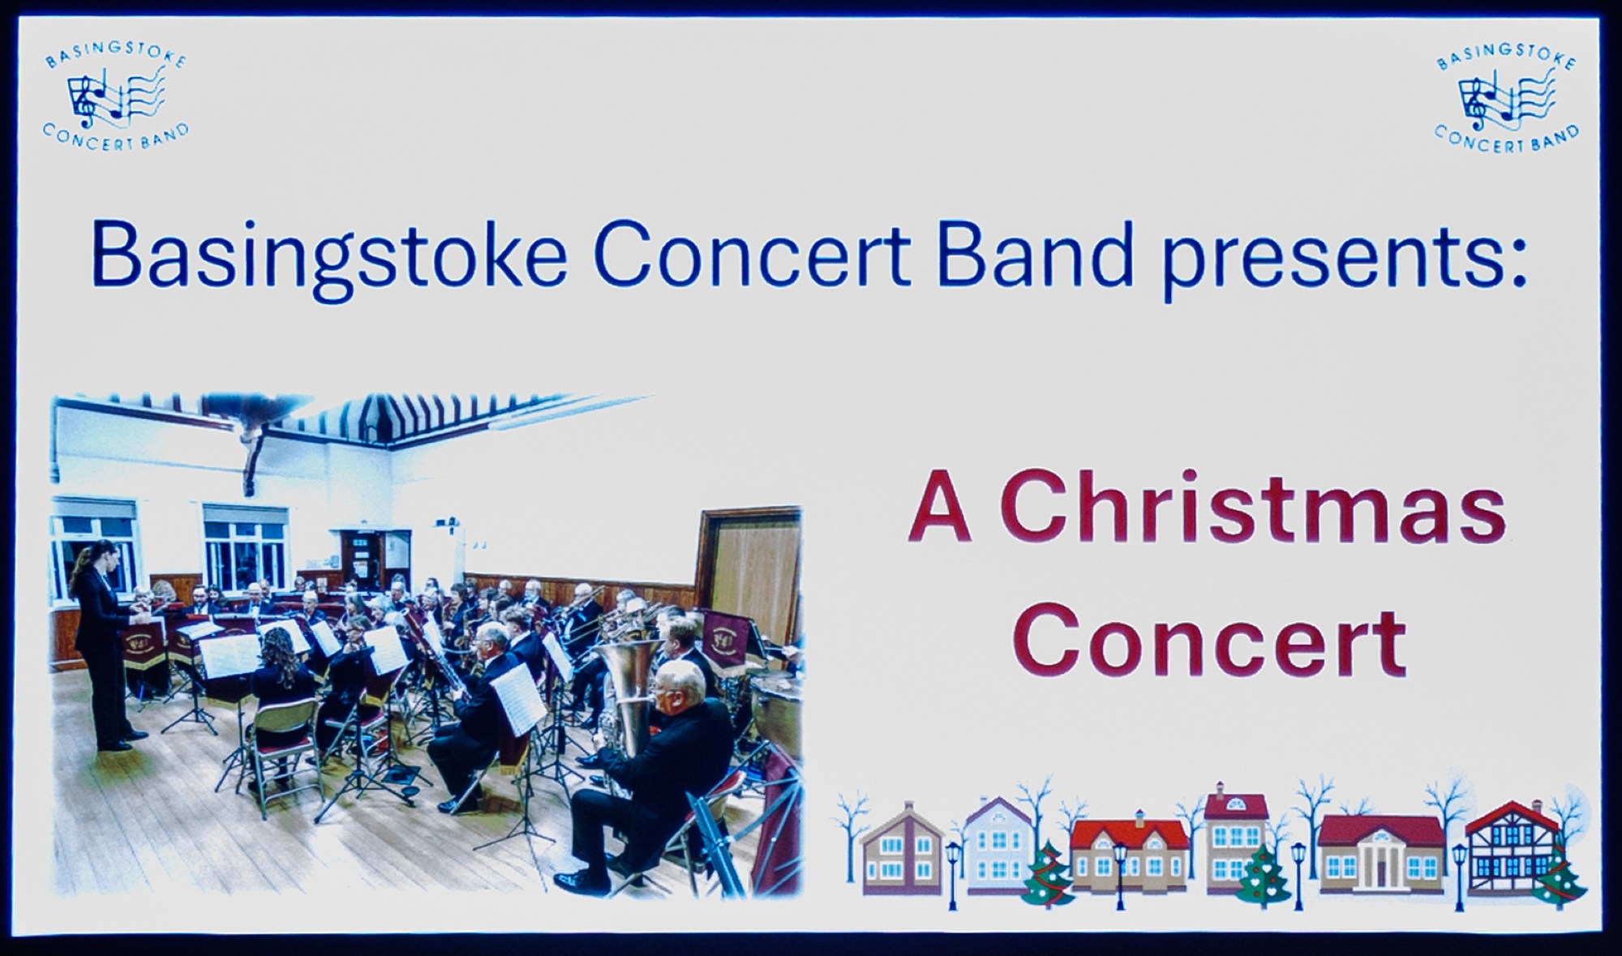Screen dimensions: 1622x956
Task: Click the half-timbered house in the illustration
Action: [x=1508, y=848]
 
